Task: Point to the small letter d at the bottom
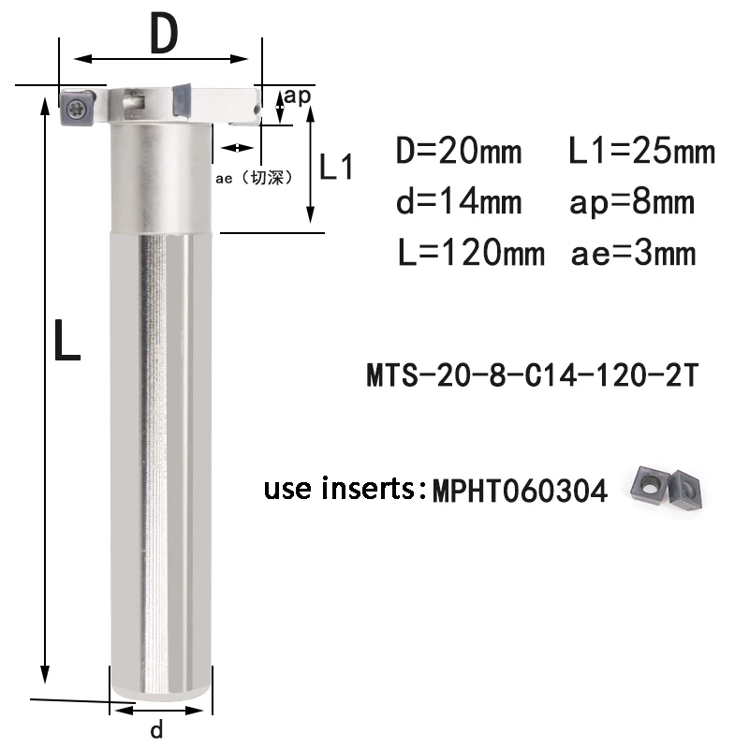coord(156,728)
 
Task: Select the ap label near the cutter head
coord(298,95)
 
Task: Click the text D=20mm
coord(458,151)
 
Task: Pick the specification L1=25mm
coord(641,151)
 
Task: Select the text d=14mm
coord(458,201)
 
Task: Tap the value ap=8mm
coord(632,201)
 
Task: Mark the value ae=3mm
coord(633,252)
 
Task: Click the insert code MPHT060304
coord(518,491)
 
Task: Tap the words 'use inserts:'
coord(344,489)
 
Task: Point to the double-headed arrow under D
coord(162,59)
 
